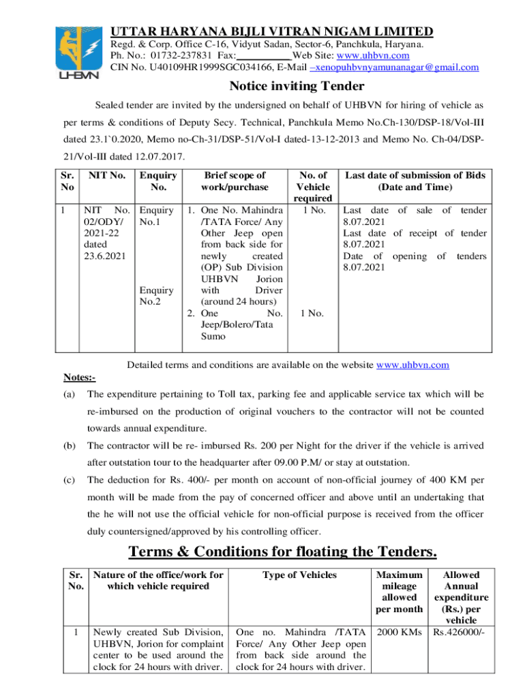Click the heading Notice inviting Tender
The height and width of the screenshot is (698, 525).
(x=297, y=87)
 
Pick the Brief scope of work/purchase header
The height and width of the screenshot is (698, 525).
(x=234, y=181)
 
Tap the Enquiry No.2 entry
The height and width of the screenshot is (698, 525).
(x=155, y=294)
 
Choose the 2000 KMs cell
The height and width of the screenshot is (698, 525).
(x=396, y=631)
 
